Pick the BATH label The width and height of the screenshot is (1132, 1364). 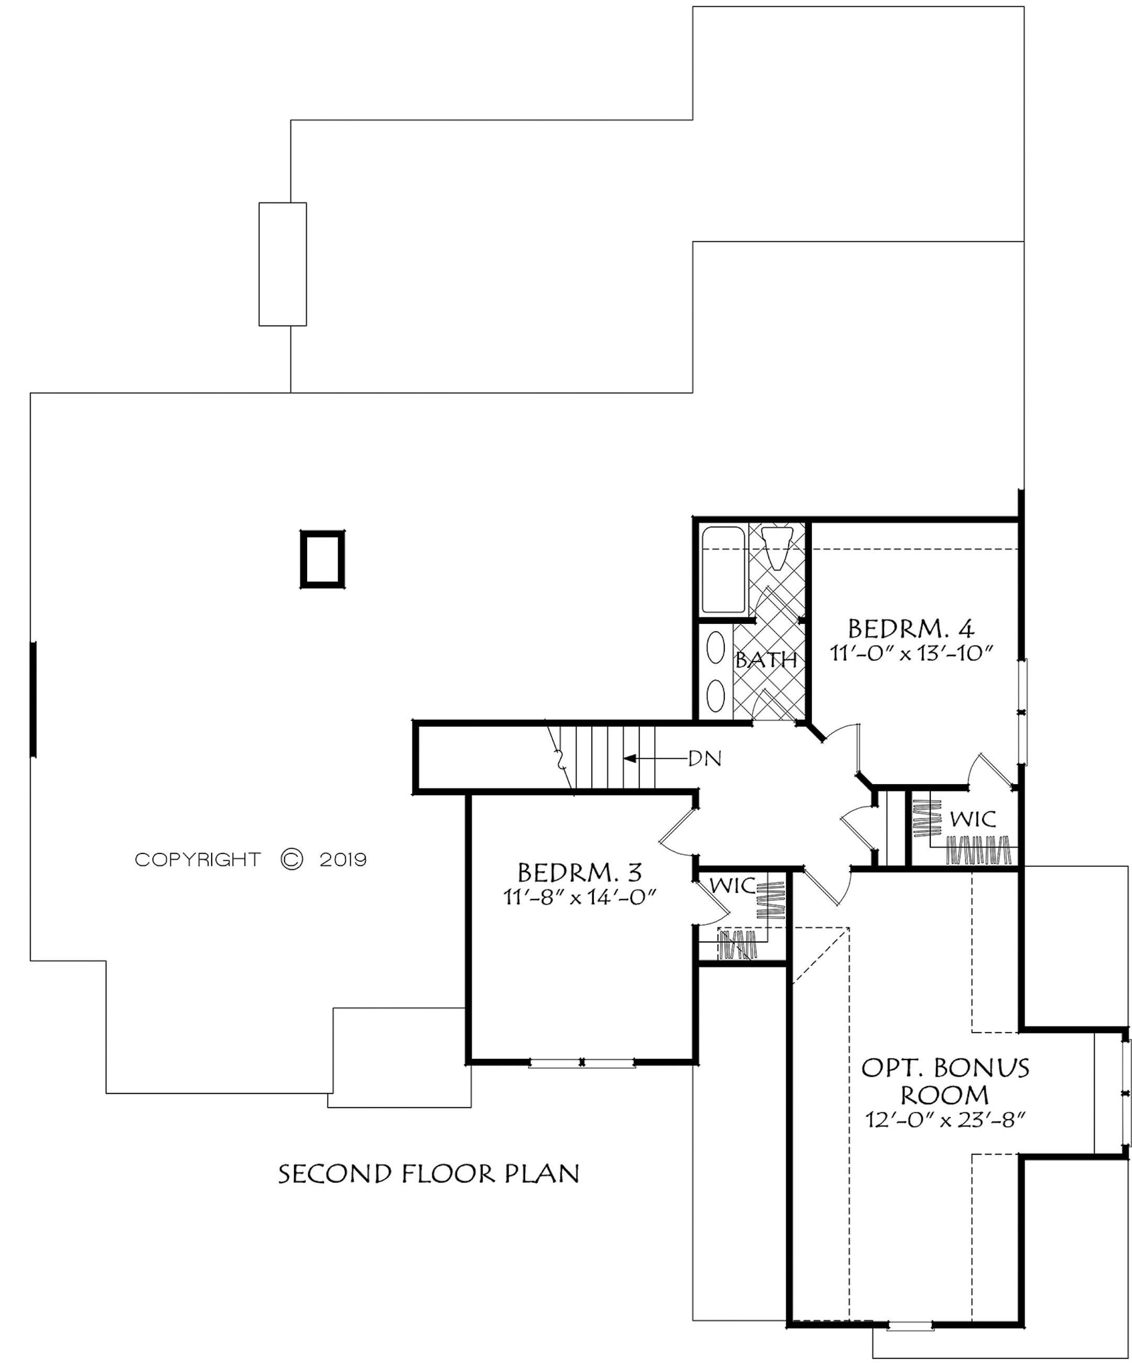pyautogui.click(x=766, y=660)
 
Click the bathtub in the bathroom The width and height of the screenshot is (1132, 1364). pyautogui.click(x=724, y=570)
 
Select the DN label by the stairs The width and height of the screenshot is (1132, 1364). pyautogui.click(x=705, y=758)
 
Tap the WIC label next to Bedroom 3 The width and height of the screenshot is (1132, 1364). pyautogui.click(x=732, y=885)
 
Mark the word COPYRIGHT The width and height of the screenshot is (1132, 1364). pyautogui.click(x=198, y=860)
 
